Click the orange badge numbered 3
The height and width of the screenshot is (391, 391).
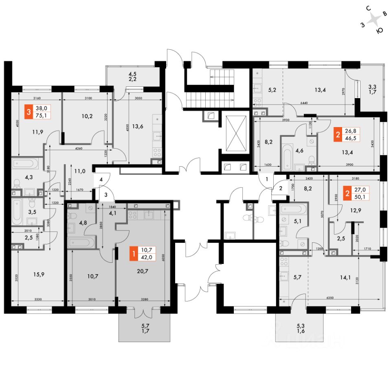pos(28,112)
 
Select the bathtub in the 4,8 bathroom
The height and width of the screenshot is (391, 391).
pos(81,243)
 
